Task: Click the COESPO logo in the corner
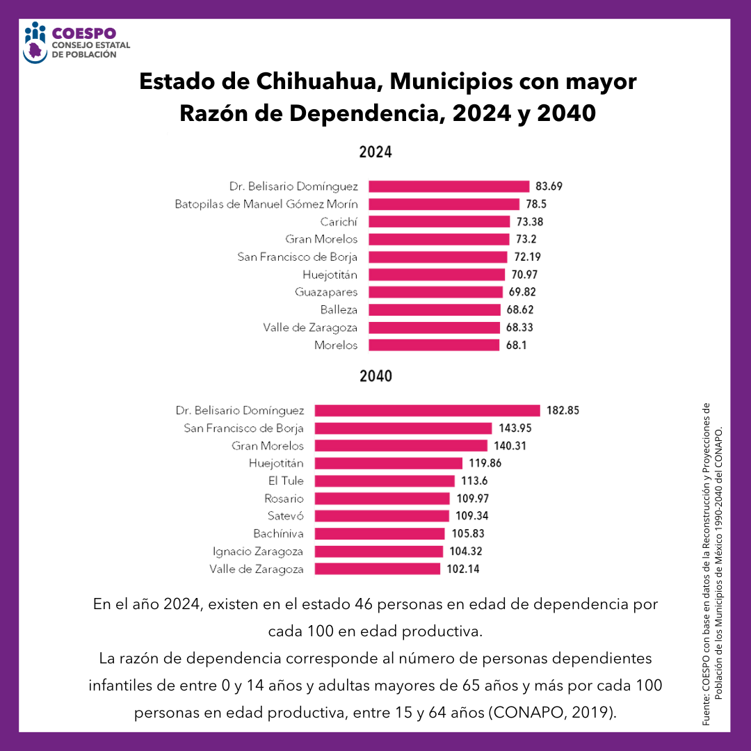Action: pyautogui.click(x=70, y=42)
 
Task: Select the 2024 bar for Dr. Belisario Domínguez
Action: pyautogui.click(x=449, y=186)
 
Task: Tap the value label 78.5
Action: pyautogui.click(x=536, y=204)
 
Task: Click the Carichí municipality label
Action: pyautogui.click(x=339, y=222)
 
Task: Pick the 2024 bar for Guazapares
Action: pyautogui.click(x=435, y=292)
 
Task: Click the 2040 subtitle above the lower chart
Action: pyautogui.click(x=375, y=377)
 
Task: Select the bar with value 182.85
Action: pyautogui.click(x=427, y=410)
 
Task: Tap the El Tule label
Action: pyautogui.click(x=286, y=481)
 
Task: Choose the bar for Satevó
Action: pyautogui.click(x=382, y=516)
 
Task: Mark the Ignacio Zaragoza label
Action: pyautogui.click(x=258, y=551)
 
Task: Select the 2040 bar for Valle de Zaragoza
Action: pyautogui.click(x=377, y=569)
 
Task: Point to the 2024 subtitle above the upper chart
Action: pyautogui.click(x=375, y=152)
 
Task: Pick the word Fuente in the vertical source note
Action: pyautogui.click(x=706, y=712)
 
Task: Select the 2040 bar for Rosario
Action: pyautogui.click(x=382, y=499)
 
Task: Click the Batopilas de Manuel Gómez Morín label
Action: pyautogui.click(x=266, y=204)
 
